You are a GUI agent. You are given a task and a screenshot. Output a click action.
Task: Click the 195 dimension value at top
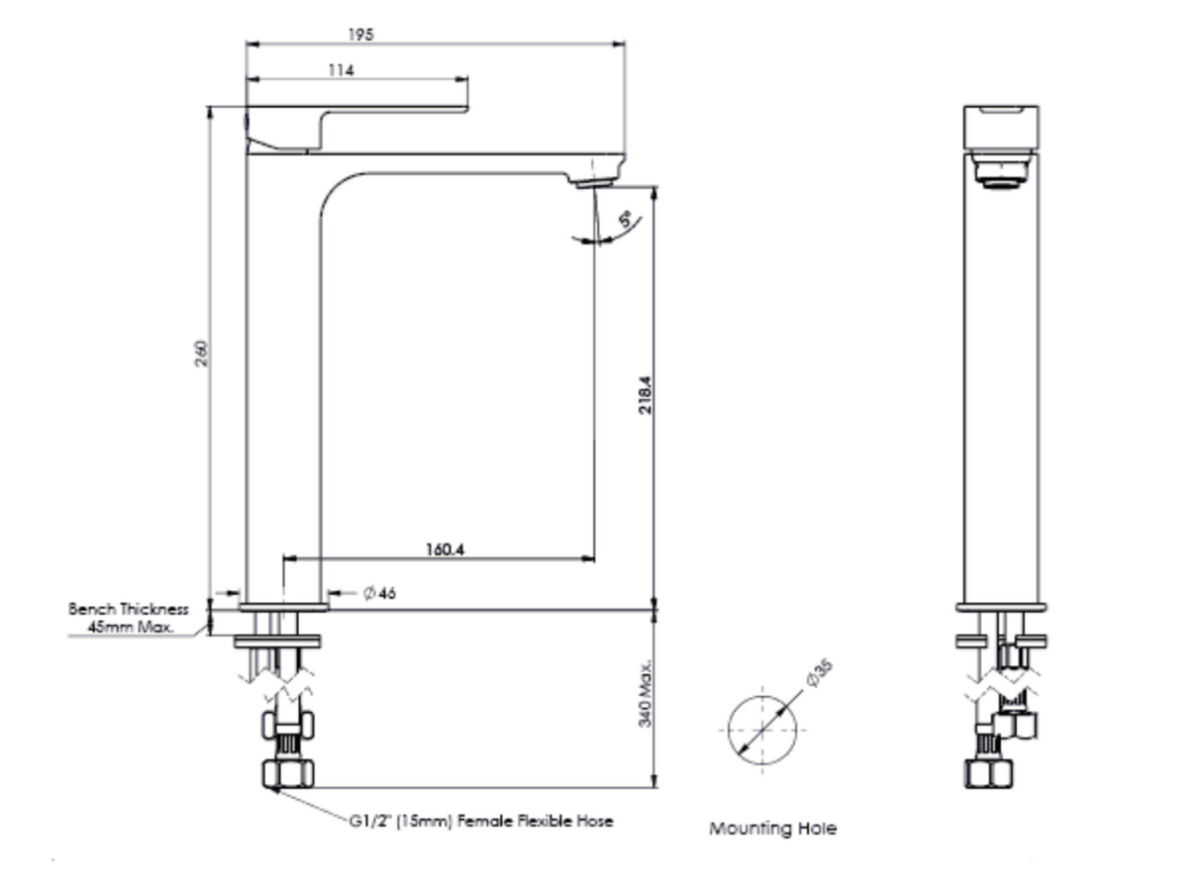pos(360,35)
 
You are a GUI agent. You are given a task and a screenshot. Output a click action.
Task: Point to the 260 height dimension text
pos(201,353)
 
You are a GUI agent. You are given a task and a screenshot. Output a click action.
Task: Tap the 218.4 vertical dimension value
pos(645,393)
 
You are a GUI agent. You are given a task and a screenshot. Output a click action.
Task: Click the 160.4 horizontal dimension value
pos(446,549)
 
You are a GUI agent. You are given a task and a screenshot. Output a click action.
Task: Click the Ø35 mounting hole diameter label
pos(819,672)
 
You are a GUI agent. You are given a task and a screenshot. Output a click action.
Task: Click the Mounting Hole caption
pos(772,829)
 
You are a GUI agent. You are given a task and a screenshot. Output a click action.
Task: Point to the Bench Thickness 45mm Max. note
pos(129,618)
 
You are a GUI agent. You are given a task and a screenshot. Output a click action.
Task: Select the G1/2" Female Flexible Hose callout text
pos(480,821)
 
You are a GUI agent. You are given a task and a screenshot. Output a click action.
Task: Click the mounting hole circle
pos(762,730)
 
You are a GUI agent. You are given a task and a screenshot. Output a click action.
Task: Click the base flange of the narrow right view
pos(1001,607)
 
